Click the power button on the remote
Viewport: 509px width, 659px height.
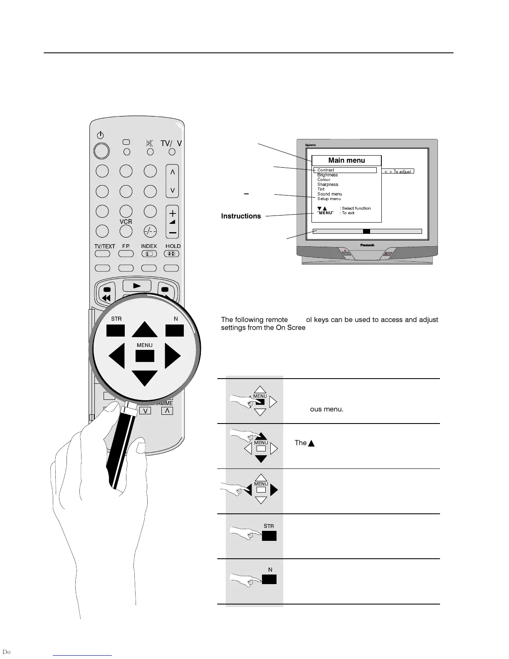click(101, 151)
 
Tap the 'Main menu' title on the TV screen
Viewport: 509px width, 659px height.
click(346, 161)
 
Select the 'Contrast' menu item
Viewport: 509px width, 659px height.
click(326, 170)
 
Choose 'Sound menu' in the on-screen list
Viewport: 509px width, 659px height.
click(330, 194)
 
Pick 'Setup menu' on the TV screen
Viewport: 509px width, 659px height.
click(329, 199)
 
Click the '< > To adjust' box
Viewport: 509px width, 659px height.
click(398, 171)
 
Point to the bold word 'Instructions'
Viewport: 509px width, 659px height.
click(241, 216)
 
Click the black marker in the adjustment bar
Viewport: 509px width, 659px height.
click(366, 231)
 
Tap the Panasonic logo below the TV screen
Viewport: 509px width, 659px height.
click(367, 245)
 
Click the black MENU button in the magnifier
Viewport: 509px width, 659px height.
click(145, 356)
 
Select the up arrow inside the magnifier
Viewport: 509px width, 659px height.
click(145, 329)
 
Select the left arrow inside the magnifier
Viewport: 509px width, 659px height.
click(117, 357)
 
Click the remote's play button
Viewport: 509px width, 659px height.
click(137, 285)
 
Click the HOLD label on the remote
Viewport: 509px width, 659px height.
click(173, 246)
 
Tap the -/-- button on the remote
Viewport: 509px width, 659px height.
click(150, 231)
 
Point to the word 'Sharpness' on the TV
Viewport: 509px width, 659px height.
click(328, 185)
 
